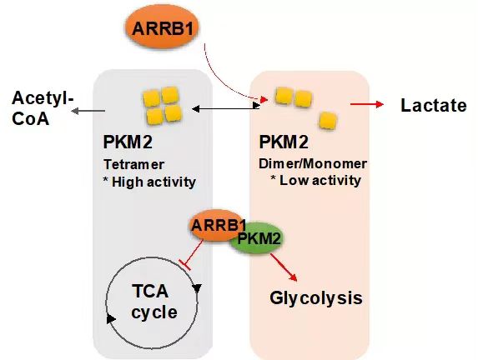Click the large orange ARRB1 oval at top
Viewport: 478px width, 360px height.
162,27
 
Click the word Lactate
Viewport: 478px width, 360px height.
433,105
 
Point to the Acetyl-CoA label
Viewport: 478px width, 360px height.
42,107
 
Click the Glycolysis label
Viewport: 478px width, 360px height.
316,297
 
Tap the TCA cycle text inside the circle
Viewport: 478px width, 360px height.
154,302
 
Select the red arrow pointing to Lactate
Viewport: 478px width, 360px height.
367,104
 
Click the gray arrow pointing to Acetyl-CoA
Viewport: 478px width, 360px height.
88,111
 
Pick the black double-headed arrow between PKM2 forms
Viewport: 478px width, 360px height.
226,108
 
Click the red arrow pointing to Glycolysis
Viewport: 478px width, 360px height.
284,267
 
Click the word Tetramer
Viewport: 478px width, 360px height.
133,164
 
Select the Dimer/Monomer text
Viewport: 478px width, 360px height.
313,164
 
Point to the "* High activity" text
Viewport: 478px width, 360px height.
149,182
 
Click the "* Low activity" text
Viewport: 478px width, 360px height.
316,180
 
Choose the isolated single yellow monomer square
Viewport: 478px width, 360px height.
328,120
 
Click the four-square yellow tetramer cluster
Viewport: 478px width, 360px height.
162,106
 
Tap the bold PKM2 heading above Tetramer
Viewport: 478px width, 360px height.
128,142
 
